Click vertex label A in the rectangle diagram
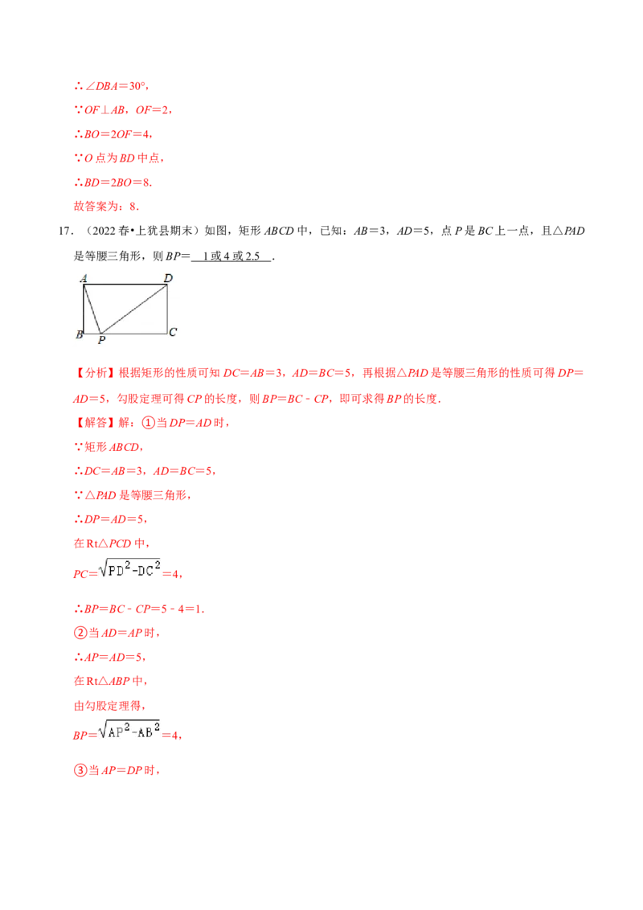pos(84,278)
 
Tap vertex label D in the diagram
pos(168,278)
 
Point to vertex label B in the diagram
pos(79,334)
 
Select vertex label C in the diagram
pos(173,331)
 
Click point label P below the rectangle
pos(101,341)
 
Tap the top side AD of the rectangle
pos(125,285)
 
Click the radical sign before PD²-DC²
pos(103,569)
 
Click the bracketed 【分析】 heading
pos(95,374)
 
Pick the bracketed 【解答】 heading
pos(95,422)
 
